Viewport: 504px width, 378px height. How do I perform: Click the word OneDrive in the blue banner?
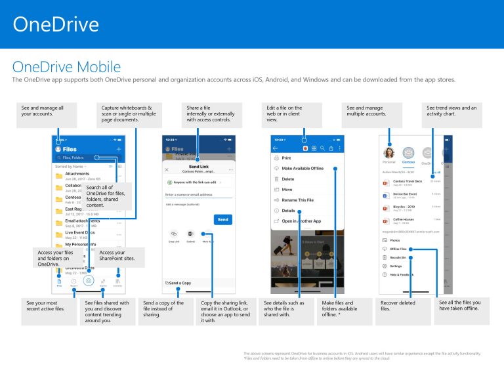[x=56, y=24]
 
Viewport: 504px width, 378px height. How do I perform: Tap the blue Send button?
[x=223, y=219]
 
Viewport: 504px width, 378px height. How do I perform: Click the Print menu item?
[x=286, y=158]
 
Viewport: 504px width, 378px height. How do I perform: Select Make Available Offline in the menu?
[x=303, y=169]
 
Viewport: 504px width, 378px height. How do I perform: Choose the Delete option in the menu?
[x=287, y=179]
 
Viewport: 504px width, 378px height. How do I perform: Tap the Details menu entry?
[x=288, y=211]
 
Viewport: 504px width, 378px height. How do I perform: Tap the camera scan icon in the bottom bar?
[x=89, y=280]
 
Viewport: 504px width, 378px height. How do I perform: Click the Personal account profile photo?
[x=388, y=152]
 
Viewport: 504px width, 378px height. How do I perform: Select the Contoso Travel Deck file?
[x=409, y=181]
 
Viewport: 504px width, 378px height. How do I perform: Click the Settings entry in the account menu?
[x=396, y=266]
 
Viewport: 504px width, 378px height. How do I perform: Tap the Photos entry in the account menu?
[x=395, y=241]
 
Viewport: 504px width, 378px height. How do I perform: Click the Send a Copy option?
[x=179, y=283]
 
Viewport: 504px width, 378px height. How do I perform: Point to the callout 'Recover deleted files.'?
[x=403, y=306]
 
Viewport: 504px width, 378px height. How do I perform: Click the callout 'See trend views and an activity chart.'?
[x=452, y=111]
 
